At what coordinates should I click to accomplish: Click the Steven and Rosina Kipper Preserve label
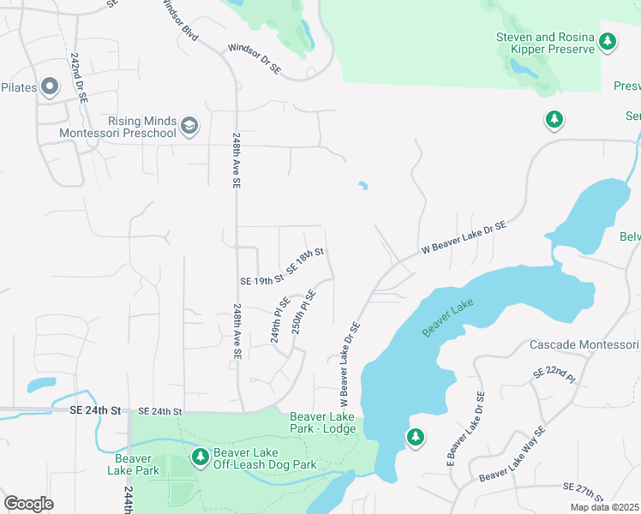point(545,44)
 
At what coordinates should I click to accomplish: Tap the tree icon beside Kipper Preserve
point(608,40)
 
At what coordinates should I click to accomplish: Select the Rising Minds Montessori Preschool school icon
point(189,128)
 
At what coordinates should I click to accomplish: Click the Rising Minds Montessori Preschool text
point(118,128)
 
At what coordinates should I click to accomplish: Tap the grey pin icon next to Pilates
point(49,87)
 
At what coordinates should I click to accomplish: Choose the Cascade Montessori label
point(584,344)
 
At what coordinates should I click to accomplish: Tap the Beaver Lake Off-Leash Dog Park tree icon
point(201,457)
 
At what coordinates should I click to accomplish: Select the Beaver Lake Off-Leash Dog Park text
point(265,458)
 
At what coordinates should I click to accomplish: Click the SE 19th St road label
point(261,280)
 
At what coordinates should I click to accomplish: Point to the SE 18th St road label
point(305,260)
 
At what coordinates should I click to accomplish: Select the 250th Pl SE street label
point(303,312)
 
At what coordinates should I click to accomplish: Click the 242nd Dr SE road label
point(79,78)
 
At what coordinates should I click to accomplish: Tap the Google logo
point(29,503)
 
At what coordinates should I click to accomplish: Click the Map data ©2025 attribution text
point(605,506)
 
